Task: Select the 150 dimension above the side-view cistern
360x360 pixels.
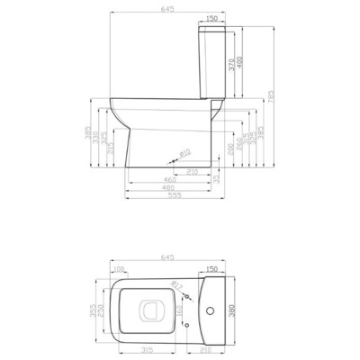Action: pos(212,17)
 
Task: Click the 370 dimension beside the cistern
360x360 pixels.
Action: pos(231,64)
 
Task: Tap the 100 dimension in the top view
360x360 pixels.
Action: pos(119,269)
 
